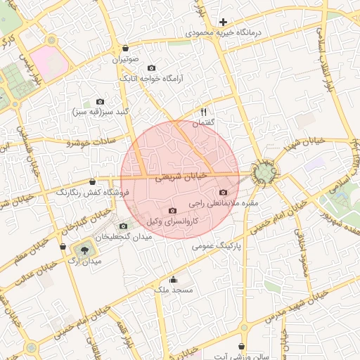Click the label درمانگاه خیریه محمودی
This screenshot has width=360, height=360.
click(x=223, y=32)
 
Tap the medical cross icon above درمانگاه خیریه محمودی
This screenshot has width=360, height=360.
click(x=223, y=22)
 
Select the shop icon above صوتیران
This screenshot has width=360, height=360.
click(x=125, y=49)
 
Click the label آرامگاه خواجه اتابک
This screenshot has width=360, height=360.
click(x=151, y=79)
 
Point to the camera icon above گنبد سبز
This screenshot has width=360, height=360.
click(x=100, y=102)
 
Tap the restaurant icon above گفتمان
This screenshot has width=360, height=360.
click(x=204, y=112)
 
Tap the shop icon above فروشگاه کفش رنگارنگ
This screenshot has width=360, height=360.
click(x=93, y=181)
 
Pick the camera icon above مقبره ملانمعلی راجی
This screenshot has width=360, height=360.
click(x=224, y=193)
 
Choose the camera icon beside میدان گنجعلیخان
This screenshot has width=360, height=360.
click(x=124, y=226)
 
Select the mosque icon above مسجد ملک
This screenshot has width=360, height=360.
click(x=173, y=279)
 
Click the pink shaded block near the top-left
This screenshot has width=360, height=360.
click(x=49, y=62)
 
